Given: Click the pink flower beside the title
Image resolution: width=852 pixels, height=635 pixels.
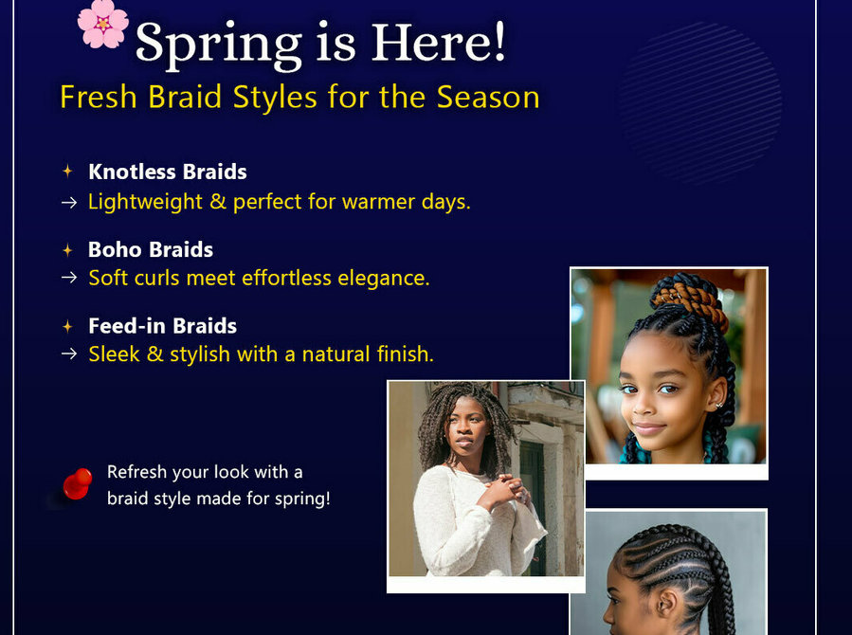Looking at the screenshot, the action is pos(102,24).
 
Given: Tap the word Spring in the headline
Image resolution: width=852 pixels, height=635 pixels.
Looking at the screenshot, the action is pos(218,45).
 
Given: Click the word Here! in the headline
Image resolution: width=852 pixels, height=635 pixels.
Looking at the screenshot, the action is pos(439,42).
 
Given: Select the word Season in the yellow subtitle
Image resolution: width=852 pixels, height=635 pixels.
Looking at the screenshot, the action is pos(488,98).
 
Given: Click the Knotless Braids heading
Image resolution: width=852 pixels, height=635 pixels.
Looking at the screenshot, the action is pos(168,172).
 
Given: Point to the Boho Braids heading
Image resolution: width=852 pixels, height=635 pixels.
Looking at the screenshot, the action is pos(151,249).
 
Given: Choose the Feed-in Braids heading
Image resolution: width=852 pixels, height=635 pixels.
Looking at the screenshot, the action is pos(162,326).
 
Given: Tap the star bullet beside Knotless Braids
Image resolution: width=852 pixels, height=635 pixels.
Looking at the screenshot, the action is pos(67,172).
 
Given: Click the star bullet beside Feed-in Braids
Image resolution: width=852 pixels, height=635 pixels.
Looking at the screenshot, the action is pos(67,326).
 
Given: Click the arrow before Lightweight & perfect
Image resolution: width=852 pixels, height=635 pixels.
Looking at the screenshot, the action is pos(69,203).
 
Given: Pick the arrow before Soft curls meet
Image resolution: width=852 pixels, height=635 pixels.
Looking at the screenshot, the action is pos(69,278).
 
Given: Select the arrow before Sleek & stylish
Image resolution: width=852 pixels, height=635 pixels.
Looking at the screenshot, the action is pos(69,354).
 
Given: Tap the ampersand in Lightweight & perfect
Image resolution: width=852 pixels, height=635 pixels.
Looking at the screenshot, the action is pos(218,202).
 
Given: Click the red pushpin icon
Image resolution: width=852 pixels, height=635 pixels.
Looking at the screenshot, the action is pos(77,483).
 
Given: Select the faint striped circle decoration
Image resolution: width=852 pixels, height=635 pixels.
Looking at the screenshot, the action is pos(699,102).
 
